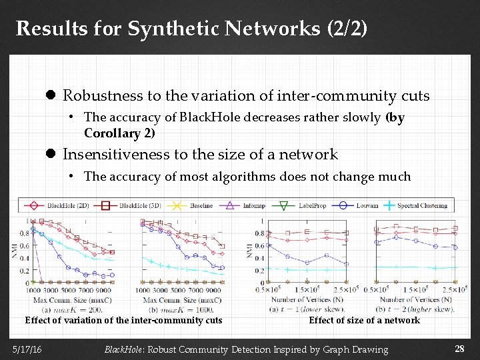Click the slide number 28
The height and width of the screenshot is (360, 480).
point(459,349)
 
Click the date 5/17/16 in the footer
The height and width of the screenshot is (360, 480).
point(26,349)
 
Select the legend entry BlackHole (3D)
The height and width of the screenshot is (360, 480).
point(138,205)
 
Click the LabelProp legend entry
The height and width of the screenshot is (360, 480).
point(309,205)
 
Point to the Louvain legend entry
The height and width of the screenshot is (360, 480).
point(364,205)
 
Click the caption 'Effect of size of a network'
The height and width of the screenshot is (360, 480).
point(364,321)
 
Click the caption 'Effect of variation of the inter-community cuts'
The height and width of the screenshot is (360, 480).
point(123,321)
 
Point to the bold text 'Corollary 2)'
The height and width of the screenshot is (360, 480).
point(119,133)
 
